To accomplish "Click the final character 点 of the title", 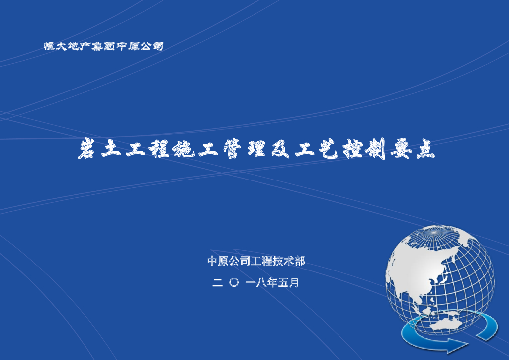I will [x=424, y=150].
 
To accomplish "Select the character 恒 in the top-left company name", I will [x=49, y=47].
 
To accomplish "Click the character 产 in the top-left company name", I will [x=86, y=47].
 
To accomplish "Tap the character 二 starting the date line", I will [x=217, y=283].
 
